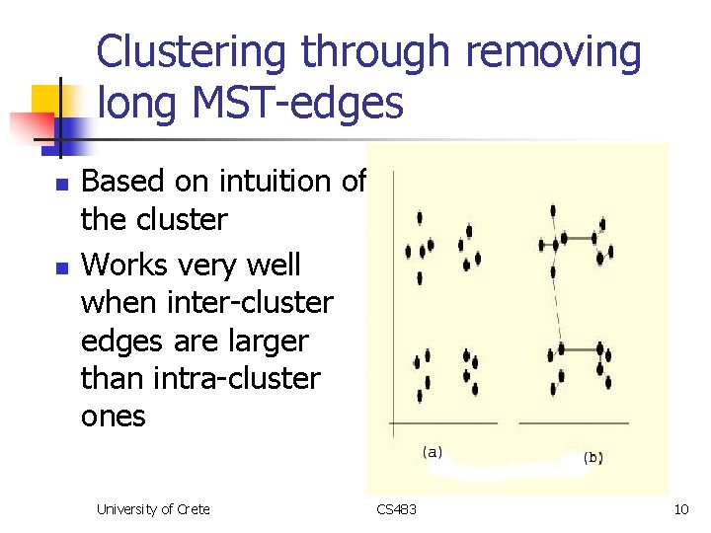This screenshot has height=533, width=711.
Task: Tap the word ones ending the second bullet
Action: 113,417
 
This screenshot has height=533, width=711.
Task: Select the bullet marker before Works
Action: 61,267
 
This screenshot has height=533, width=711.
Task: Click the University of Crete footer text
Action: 153,509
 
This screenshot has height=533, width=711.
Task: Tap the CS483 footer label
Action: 396,509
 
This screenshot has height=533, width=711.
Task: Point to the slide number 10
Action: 680,509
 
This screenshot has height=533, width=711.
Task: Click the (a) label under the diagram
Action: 432,453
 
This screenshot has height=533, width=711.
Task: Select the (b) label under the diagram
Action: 593,457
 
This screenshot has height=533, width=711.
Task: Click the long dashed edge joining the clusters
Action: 557,301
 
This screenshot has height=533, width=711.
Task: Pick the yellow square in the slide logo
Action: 49,103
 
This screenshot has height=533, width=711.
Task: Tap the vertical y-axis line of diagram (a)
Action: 393,296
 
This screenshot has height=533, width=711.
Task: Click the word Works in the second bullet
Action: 119,266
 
